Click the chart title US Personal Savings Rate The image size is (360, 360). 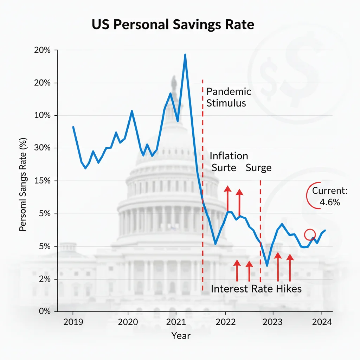pos(173,25)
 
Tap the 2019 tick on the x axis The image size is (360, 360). pos(73,322)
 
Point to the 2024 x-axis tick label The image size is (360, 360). pos(322,322)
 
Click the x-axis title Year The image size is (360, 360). pos(181,336)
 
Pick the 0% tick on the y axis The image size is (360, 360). pos(43,311)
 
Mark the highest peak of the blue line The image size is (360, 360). pos(185,55)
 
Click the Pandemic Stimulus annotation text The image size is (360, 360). pos(229,97)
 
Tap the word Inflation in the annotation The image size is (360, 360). pos(229,156)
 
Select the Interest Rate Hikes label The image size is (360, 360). pos(256,289)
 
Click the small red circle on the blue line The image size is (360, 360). pos(310,234)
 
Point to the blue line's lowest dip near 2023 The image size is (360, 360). pos(267,265)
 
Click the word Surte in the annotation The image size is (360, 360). pos(224,168)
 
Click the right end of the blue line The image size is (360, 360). pos(325,230)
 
